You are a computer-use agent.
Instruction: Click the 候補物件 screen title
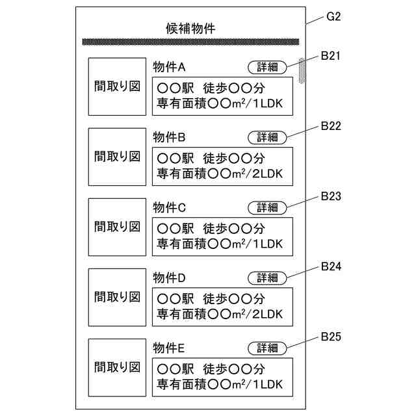[x=190, y=29]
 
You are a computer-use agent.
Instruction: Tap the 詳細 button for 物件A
[x=267, y=67]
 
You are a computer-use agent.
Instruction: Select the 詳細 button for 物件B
[x=267, y=137]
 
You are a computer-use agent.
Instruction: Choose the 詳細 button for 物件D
[x=267, y=278]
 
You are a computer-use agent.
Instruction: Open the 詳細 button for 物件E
[x=267, y=348]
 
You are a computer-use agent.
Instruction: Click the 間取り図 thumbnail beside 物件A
[x=117, y=86]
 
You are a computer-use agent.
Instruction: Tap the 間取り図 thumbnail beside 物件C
[x=117, y=227]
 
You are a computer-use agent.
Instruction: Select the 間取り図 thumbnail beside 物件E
[x=117, y=367]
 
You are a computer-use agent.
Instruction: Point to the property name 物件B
[x=169, y=137]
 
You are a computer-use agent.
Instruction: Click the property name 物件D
[x=169, y=278]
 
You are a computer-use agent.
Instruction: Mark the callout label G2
[x=333, y=16]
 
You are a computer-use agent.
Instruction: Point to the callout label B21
[x=331, y=56]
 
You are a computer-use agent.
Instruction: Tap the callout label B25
[x=331, y=337]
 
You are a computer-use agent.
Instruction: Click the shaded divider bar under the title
[x=190, y=42]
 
